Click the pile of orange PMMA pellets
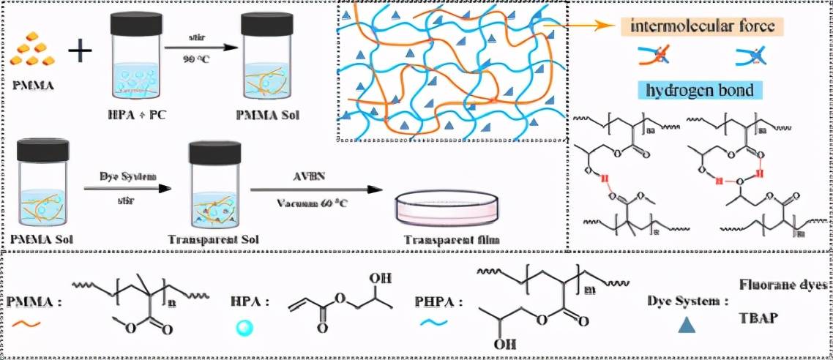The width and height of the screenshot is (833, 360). pos(34,51)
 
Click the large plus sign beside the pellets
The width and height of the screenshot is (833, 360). pos(81,52)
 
